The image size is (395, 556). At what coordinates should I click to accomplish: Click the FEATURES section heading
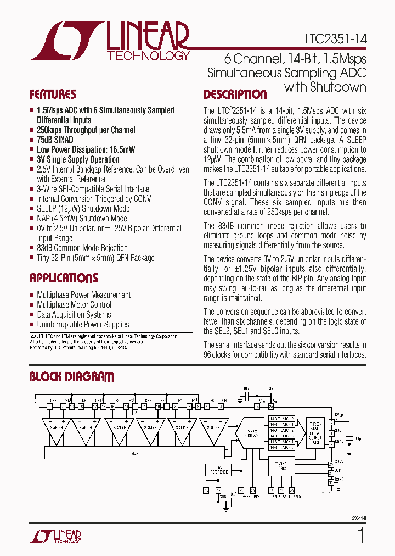pos(53,94)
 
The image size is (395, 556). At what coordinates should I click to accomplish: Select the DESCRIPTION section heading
pos(235,94)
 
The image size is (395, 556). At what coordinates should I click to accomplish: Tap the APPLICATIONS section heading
pos(64,278)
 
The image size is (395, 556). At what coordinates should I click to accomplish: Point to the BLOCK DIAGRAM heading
pos(71,377)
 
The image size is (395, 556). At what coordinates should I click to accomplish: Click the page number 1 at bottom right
pos(360,535)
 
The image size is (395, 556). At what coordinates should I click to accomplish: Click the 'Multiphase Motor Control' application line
pos(74,305)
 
